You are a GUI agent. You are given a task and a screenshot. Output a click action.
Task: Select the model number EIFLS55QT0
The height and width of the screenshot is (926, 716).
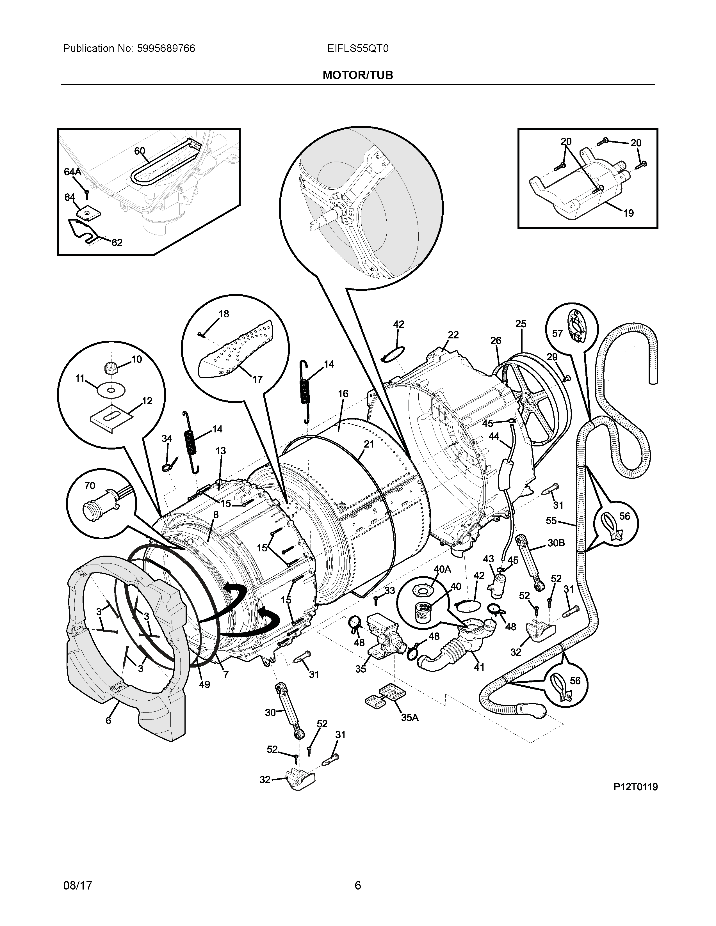pyautogui.click(x=357, y=49)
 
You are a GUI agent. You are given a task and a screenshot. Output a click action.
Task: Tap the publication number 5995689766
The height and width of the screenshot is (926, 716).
pyautogui.click(x=166, y=49)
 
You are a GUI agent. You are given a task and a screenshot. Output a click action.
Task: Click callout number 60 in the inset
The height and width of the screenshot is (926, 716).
pyautogui.click(x=140, y=151)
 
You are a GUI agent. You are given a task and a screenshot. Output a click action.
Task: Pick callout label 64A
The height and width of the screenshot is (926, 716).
pyautogui.click(x=72, y=172)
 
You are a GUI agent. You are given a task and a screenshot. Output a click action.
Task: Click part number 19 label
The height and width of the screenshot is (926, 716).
pyautogui.click(x=628, y=213)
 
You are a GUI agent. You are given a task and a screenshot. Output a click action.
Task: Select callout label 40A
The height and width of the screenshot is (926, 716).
pyautogui.click(x=442, y=569)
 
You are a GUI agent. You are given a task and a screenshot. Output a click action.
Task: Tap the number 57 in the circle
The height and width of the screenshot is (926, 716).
pyautogui.click(x=557, y=333)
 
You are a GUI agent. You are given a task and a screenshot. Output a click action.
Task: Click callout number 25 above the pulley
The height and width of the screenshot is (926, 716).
pyautogui.click(x=521, y=324)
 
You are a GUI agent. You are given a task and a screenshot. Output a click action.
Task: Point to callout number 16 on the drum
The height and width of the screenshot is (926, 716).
pyautogui.click(x=343, y=394)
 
